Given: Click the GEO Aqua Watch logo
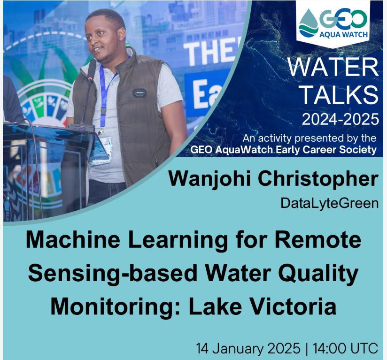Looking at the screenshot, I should [333, 24].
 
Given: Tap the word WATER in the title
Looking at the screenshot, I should [333, 68].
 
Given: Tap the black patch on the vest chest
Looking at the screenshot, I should [139, 93].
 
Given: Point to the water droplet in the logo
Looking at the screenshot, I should [308, 23].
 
